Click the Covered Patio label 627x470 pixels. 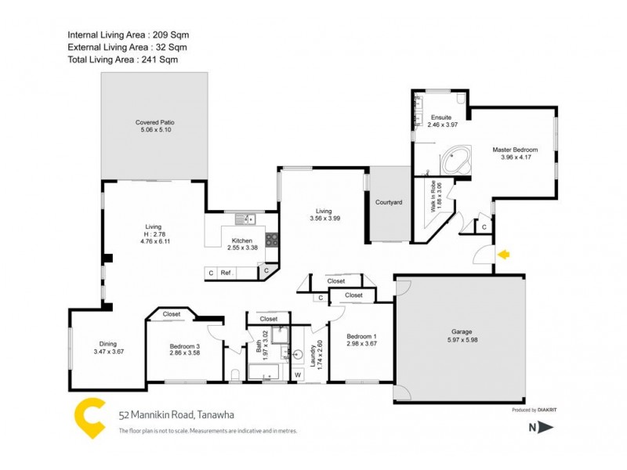(154, 123)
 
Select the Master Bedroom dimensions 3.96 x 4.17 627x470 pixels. (515, 157)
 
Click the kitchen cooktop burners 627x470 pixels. (271, 240)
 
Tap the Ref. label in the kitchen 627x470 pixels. (227, 273)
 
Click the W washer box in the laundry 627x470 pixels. (298, 374)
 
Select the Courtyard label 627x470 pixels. (389, 203)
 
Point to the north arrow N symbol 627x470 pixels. (540, 427)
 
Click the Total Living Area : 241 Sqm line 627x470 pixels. (122, 59)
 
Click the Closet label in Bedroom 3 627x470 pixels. (172, 314)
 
